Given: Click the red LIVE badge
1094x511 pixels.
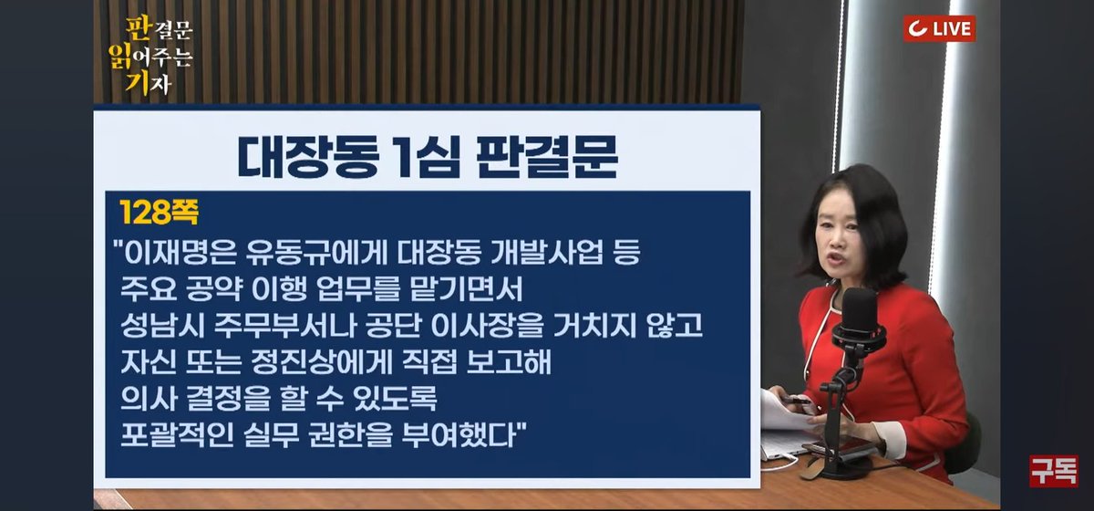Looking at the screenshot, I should (x=939, y=28).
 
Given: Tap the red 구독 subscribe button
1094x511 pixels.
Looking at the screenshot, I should (x=1053, y=471).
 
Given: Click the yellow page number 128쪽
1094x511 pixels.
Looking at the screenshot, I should (x=160, y=213).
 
